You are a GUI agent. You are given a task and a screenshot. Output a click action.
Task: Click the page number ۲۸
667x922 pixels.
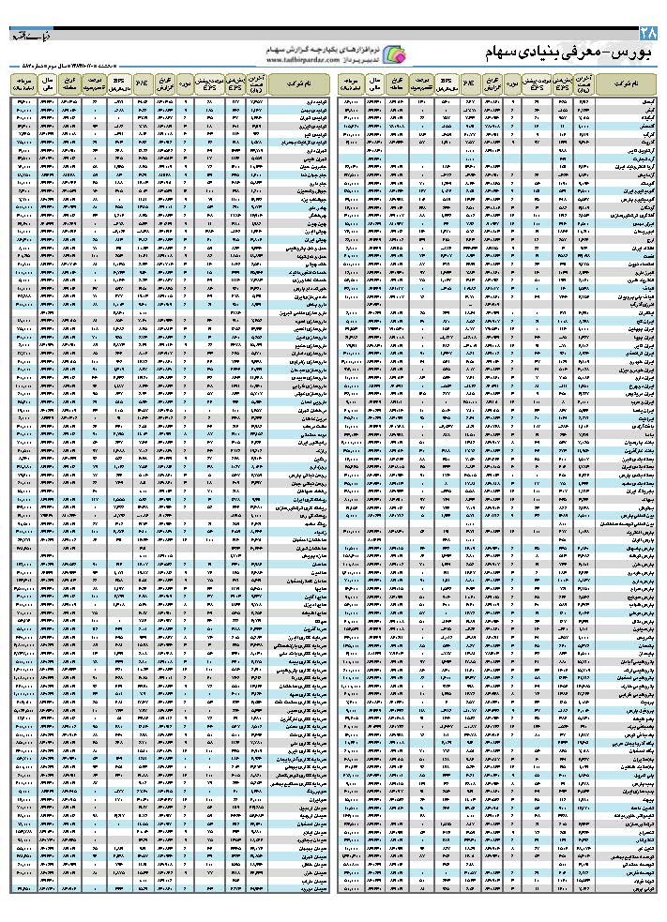(652, 35)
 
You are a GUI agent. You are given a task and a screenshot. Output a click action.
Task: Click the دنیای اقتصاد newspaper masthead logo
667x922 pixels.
(25, 38)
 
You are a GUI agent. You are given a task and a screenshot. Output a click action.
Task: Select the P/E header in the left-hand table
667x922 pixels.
(142, 83)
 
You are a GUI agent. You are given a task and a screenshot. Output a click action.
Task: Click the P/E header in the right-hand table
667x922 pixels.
(469, 83)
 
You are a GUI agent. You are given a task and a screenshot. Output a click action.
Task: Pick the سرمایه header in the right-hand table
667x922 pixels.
(351, 83)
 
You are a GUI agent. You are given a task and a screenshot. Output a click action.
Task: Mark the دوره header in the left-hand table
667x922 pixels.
(185, 83)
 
